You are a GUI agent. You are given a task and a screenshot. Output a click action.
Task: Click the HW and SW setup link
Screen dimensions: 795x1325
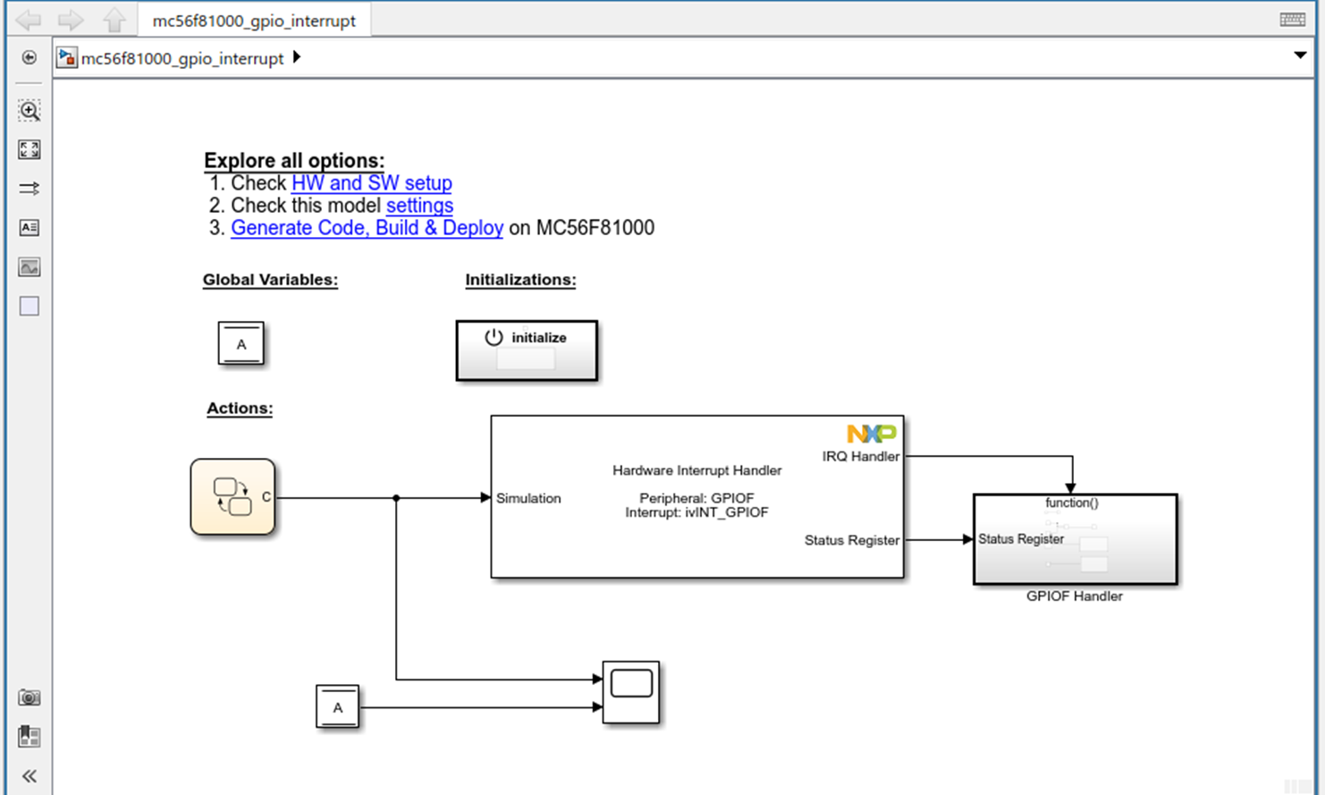click(x=371, y=183)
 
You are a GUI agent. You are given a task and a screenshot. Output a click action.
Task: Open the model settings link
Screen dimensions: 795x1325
click(x=419, y=206)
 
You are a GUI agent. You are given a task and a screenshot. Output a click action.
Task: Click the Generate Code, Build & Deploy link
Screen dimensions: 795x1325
click(x=367, y=228)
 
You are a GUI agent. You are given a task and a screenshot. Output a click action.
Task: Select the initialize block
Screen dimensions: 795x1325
click(x=527, y=351)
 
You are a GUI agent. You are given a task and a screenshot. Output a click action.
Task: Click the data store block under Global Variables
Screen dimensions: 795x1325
click(x=241, y=343)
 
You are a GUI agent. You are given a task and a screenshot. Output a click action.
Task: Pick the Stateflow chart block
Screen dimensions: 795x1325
click(x=232, y=497)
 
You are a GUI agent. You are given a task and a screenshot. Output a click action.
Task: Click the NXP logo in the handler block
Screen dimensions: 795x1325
click(x=871, y=434)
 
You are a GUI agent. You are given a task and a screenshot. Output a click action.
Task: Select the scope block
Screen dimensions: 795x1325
click(x=631, y=692)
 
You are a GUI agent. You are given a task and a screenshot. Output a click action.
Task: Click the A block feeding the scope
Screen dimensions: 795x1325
click(x=337, y=706)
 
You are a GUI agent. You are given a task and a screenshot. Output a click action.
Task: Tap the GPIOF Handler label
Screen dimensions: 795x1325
click(x=1074, y=596)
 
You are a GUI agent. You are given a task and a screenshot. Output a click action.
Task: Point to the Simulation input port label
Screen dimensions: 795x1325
click(x=528, y=498)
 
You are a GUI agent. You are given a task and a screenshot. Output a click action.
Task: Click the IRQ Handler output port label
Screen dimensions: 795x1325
click(x=860, y=456)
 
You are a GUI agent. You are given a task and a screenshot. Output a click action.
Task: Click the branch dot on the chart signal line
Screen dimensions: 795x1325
click(x=396, y=498)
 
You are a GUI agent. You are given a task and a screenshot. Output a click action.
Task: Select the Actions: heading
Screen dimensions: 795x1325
click(x=240, y=409)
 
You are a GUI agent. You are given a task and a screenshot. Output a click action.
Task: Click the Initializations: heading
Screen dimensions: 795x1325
click(x=520, y=280)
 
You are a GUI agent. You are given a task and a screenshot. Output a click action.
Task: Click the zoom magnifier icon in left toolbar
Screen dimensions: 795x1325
click(x=30, y=111)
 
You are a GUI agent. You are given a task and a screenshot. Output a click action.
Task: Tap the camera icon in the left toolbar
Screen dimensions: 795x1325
click(x=30, y=698)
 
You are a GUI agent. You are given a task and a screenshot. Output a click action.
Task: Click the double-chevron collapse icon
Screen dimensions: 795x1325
click(x=30, y=775)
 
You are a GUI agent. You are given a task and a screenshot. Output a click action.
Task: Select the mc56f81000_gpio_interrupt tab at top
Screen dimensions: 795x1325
click(x=254, y=21)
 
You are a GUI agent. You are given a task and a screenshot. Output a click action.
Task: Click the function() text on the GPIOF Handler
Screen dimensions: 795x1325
click(x=1071, y=503)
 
